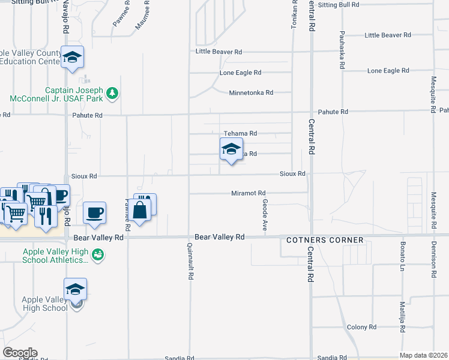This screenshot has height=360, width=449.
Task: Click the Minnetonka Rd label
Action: (x=251, y=93)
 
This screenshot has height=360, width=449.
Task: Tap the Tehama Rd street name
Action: (x=240, y=133)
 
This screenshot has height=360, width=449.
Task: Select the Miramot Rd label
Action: (x=249, y=193)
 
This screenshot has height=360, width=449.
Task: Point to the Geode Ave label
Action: (x=265, y=215)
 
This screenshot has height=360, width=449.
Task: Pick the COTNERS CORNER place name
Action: (x=325, y=240)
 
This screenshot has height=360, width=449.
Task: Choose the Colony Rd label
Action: (x=361, y=327)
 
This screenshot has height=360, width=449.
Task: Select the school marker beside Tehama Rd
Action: (x=231, y=149)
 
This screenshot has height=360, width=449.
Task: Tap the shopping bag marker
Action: (x=139, y=211)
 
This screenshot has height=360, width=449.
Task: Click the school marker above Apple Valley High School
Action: (x=76, y=289)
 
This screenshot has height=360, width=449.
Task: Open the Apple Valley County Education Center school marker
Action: (x=72, y=58)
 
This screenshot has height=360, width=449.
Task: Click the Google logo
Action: (x=20, y=353)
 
